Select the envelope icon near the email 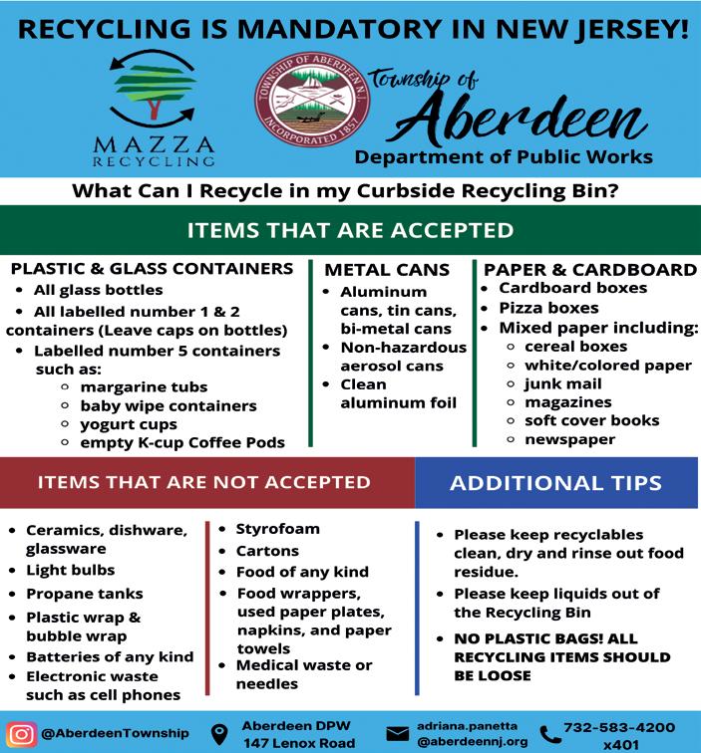(x=397, y=734)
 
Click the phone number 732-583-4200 (x=619, y=727)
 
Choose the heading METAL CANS (x=387, y=270)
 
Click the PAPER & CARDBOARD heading (x=590, y=270)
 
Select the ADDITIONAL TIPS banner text (x=555, y=483)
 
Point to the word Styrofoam (x=278, y=528)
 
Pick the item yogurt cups (x=129, y=424)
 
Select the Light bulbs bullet (x=70, y=571)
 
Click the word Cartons (x=267, y=550)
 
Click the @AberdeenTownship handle (x=115, y=734)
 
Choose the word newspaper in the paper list (x=570, y=438)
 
